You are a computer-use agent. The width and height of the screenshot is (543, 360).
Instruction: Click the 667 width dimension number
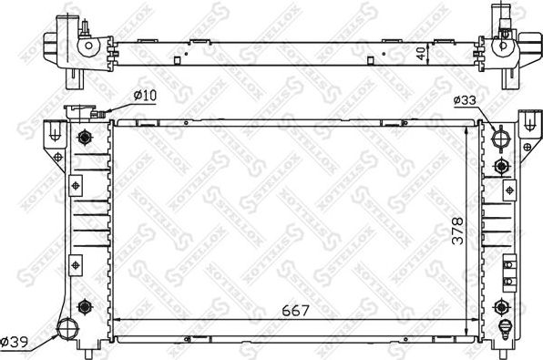pos(294,309)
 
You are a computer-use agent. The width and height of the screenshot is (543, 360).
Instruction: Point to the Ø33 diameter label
pos(464,100)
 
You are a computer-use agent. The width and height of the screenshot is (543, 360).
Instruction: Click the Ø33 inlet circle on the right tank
pos(500,139)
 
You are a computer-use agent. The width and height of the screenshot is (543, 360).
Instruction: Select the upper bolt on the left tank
pos(86,139)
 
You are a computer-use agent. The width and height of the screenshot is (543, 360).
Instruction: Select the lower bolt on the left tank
pos(86,305)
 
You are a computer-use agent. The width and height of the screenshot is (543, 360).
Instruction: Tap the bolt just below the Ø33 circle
pos(500,166)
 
